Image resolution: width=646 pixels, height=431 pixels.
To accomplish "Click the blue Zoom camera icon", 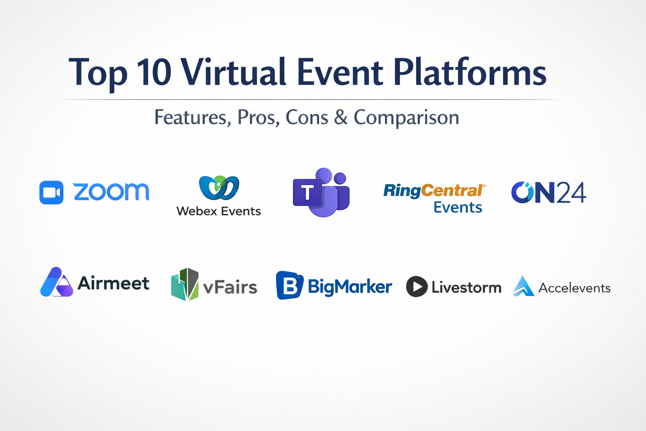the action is (51, 192).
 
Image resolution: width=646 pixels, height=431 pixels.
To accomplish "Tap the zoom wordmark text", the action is (111, 192).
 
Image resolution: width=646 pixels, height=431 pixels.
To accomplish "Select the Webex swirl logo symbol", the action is (219, 187).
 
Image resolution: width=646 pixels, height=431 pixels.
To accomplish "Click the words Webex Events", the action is (219, 211).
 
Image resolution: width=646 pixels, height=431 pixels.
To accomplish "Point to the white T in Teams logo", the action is (307, 192).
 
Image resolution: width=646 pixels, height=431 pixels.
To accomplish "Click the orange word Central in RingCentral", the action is (452, 191).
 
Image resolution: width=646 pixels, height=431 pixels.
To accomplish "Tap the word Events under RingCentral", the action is (458, 207).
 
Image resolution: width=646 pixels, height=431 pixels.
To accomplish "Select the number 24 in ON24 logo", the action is (571, 192).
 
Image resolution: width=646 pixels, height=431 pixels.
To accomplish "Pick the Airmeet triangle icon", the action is (56, 282).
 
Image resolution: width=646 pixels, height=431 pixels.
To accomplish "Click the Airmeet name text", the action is (113, 283).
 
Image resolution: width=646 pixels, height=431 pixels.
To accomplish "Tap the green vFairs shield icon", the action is (185, 285).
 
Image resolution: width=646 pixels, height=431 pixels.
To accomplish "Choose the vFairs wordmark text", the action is (230, 287).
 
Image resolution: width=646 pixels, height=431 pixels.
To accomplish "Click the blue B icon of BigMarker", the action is (289, 285).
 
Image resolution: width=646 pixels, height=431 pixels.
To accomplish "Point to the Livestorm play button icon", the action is (417, 287).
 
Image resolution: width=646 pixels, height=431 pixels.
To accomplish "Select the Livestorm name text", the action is (466, 287).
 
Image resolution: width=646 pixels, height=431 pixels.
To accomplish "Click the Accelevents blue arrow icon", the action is (524, 286).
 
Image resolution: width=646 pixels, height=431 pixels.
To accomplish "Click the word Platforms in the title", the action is (470, 72).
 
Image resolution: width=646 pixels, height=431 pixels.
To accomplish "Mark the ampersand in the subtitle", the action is (341, 117).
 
